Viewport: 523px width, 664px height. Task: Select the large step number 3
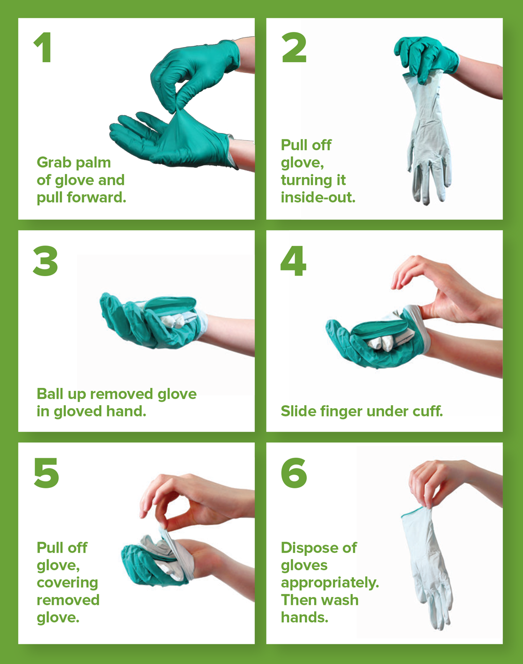click(45, 261)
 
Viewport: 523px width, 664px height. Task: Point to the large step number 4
click(293, 261)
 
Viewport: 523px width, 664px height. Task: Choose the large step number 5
click(46, 473)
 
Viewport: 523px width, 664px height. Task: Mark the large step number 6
click(294, 473)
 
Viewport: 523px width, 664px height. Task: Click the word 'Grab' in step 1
click(54, 163)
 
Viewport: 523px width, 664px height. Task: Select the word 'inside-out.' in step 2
click(318, 198)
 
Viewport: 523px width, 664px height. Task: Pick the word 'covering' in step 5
click(67, 583)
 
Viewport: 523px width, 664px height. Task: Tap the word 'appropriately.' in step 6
click(330, 583)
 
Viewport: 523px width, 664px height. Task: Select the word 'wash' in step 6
click(341, 600)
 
